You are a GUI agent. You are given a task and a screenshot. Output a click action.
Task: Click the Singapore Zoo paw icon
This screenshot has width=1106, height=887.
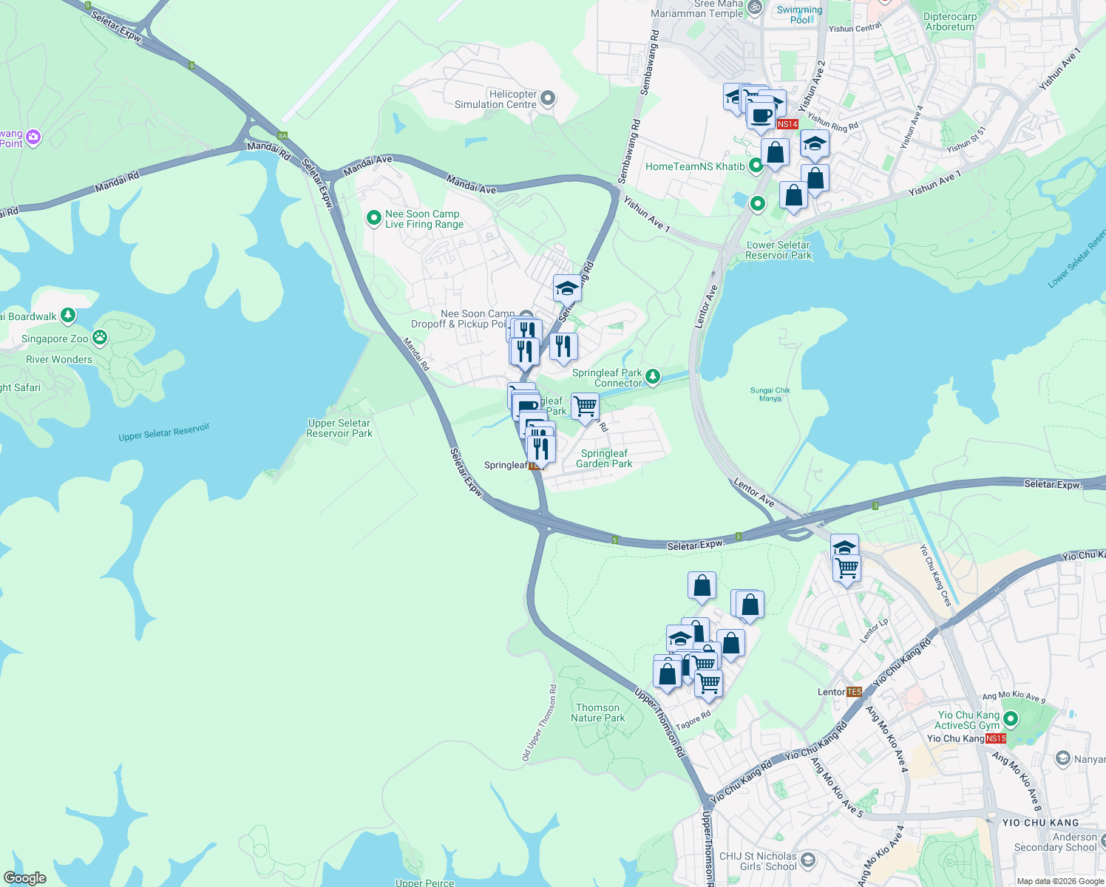100,338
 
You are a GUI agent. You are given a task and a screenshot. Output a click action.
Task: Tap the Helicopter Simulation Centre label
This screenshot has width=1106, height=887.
495,99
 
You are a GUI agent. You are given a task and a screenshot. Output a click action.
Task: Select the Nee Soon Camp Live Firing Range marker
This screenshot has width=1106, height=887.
374,217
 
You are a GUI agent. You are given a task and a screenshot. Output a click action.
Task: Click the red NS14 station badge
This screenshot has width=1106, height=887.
787,124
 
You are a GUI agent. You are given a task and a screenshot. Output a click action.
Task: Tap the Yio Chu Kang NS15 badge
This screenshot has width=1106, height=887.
996,738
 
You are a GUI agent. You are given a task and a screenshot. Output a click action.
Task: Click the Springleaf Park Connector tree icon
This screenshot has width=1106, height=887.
652,377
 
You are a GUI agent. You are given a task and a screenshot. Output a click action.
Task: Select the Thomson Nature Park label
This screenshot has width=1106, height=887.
597,713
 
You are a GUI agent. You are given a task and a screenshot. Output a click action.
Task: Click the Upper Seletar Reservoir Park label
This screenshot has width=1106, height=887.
339,428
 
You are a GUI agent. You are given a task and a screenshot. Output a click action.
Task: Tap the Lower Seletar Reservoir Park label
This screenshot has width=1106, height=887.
778,250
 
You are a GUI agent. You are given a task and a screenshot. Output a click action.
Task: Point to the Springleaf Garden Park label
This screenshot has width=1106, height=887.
604,458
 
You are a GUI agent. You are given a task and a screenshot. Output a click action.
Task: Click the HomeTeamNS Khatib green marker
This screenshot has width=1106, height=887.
756,166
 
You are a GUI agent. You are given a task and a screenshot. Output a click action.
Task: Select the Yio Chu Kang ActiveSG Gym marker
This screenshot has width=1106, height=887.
1011,718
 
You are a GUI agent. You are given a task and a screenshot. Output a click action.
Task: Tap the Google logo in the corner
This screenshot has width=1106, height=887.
25,878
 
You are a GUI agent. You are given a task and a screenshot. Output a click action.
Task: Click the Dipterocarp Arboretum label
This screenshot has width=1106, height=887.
950,21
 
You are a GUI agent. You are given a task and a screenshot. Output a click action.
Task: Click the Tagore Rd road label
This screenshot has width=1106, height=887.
693,720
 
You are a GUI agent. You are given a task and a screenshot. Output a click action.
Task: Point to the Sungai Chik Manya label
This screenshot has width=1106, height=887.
770,394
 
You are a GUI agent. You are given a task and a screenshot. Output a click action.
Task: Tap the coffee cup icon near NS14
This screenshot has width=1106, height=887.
761,115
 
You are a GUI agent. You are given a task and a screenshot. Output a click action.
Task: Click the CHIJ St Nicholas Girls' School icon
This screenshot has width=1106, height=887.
808,859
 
